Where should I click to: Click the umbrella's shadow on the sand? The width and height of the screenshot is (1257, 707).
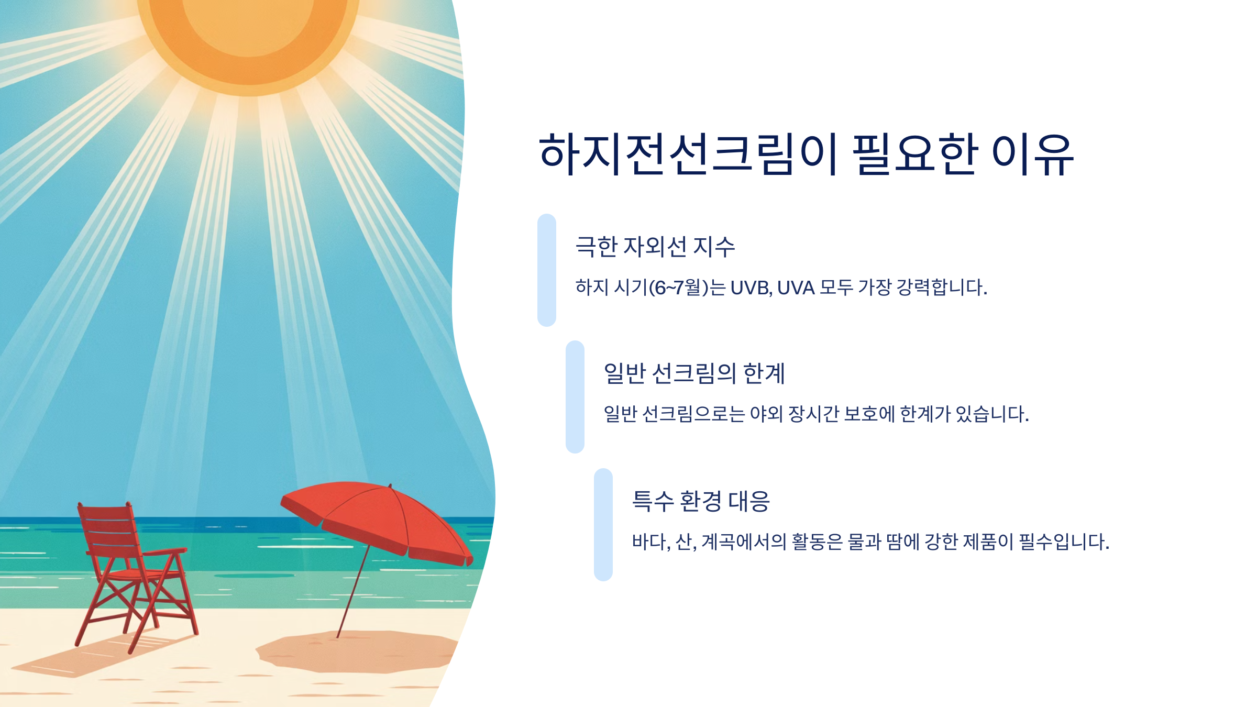pos(356,652)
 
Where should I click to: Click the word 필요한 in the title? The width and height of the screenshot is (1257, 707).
pos(914,154)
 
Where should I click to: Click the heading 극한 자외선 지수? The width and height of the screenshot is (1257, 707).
pos(655,247)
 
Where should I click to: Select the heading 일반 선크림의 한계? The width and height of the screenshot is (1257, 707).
pos(694,373)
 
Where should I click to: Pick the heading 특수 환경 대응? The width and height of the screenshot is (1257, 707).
pos(701,501)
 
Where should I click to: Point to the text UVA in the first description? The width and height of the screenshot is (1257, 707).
pos(796,288)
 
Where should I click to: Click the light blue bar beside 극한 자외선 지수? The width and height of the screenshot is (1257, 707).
pos(547,270)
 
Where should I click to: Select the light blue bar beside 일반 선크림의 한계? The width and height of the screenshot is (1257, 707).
pos(575,397)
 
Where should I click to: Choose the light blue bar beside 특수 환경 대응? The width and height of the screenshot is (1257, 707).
pos(603,525)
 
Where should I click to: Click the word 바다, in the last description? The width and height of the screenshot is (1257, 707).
pos(651,542)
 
